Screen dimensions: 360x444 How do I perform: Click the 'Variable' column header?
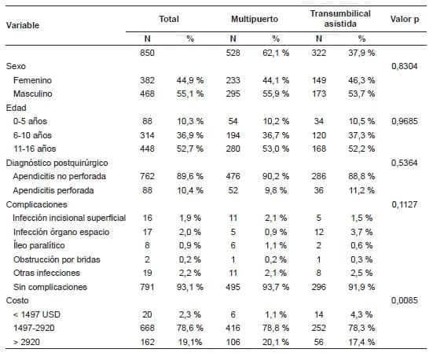23,25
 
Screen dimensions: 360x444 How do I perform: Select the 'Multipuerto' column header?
253,17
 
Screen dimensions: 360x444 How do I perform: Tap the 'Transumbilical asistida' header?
336,19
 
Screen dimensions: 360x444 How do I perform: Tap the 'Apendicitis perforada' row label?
53,190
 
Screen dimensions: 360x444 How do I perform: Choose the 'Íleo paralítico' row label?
39,244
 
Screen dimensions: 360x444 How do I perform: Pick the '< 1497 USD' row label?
36,314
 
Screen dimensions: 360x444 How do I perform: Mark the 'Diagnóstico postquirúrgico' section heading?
57,162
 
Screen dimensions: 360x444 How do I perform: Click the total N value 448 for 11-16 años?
148,149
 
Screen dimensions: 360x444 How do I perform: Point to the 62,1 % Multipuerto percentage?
275,53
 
